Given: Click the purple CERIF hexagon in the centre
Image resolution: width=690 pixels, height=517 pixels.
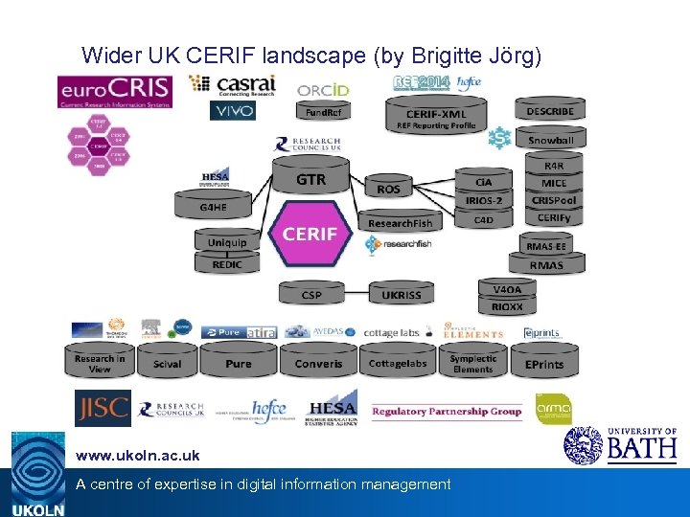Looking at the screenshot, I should [x=310, y=234].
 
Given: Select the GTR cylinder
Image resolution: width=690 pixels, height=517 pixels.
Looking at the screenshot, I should [x=310, y=180].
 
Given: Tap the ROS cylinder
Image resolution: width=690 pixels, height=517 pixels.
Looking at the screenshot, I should [x=388, y=190].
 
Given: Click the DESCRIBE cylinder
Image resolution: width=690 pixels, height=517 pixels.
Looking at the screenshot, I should [x=550, y=112].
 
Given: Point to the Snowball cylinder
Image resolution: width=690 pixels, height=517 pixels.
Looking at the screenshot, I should [x=550, y=140].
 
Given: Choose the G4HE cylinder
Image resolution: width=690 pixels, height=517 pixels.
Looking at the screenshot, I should [x=213, y=206].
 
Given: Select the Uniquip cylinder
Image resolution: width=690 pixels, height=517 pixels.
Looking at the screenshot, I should [x=227, y=243].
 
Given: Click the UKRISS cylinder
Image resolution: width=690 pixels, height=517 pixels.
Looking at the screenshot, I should [x=401, y=295].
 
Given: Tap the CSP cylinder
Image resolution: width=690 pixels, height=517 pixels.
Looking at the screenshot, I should [x=311, y=295].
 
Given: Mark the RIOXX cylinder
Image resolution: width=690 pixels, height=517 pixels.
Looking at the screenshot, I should [x=507, y=307].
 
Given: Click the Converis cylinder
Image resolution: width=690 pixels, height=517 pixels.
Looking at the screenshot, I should [x=318, y=364].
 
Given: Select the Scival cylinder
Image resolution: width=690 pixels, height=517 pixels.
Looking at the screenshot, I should [x=167, y=364].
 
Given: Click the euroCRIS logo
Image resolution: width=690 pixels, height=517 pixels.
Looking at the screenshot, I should [x=114, y=92].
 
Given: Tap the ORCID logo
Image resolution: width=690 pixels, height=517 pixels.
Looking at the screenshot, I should [x=323, y=90].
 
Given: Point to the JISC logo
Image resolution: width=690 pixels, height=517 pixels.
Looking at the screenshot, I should [x=103, y=408].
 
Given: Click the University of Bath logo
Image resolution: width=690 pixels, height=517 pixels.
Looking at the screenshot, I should [x=621, y=445].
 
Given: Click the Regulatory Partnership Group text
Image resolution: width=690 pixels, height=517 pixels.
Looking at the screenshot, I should [x=447, y=412].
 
